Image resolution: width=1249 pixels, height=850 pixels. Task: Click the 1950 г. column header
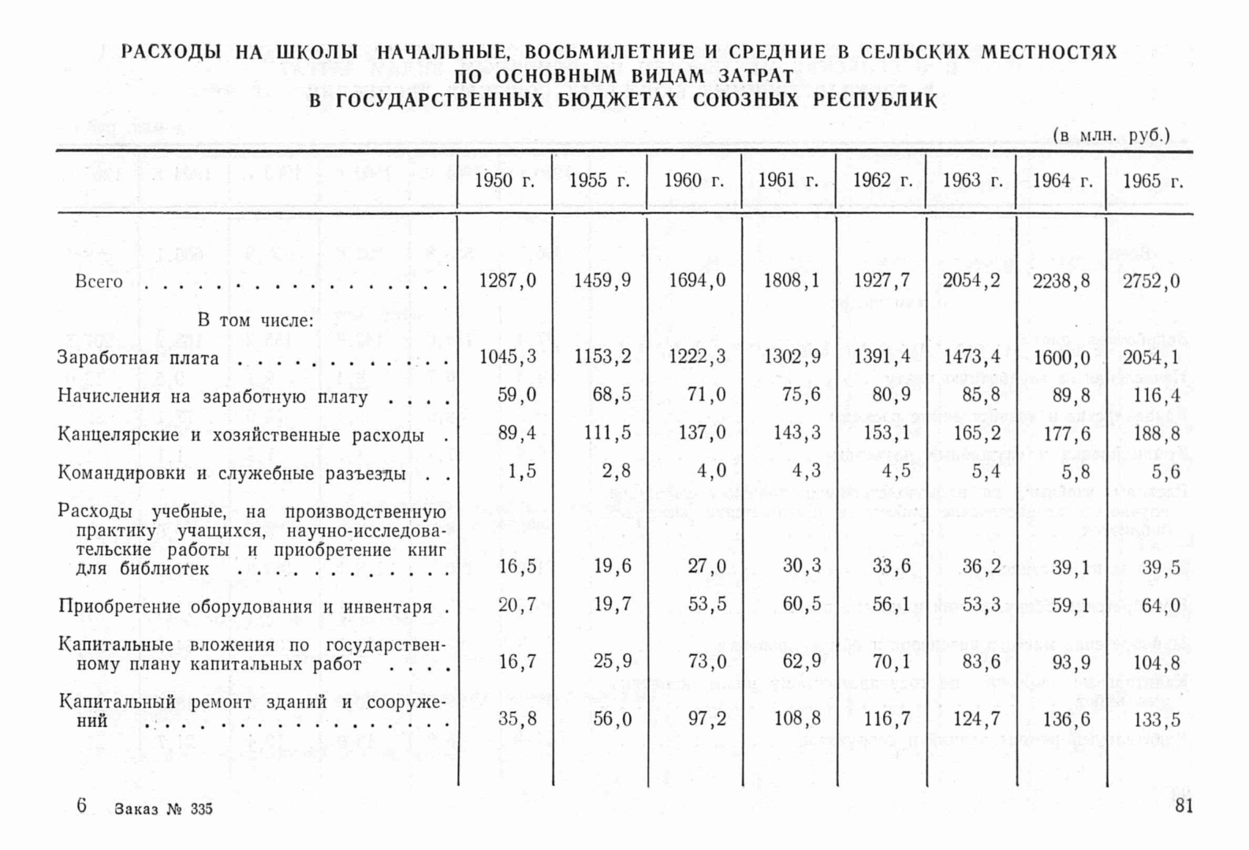[x=505, y=181]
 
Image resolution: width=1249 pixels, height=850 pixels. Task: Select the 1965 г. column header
[x=1153, y=181]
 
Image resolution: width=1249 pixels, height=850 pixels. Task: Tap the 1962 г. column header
[x=882, y=181]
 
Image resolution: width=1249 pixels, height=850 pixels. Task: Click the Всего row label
[x=99, y=281]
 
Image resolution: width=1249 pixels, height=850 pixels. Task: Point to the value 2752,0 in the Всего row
[x=1151, y=281]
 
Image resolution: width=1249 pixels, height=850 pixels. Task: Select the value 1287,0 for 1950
[x=507, y=281]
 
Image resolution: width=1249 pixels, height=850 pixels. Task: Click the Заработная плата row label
[x=138, y=359]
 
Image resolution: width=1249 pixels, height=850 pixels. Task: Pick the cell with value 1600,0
[x=1061, y=357]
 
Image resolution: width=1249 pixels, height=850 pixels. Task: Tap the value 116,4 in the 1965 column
[x=1153, y=395]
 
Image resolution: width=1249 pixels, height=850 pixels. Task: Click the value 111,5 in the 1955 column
[x=603, y=434]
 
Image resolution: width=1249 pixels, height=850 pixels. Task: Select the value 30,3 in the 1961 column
[x=802, y=566]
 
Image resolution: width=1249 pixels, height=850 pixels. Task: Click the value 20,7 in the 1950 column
[x=516, y=605]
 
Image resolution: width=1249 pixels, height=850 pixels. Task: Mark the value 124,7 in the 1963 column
[x=977, y=719]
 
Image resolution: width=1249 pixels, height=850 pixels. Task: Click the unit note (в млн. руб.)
[x=1112, y=136]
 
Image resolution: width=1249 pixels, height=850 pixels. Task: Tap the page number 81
[x=1184, y=806]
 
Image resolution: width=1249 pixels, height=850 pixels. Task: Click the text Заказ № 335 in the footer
[x=163, y=809]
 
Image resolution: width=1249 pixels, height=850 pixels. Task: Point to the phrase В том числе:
[x=255, y=321]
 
